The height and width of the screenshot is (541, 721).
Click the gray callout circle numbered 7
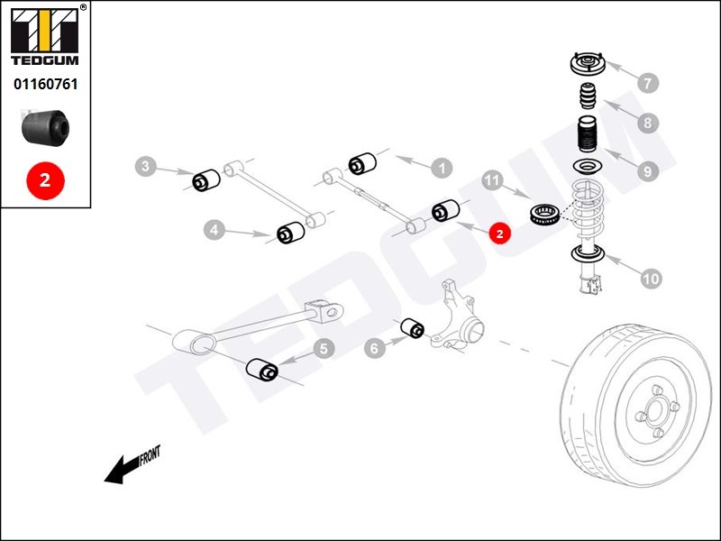pos(645,84)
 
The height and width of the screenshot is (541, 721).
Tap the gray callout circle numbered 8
pos(645,122)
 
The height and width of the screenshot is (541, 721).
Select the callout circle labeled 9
pos(645,169)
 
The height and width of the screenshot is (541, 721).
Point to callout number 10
pos(651,279)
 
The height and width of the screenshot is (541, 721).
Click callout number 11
pos(491,181)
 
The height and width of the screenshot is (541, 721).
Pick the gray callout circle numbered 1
pos(442,167)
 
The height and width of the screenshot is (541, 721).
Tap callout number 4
pos(214,231)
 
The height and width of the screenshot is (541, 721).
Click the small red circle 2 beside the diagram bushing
pos(499,232)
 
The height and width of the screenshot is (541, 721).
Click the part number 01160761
pos(45,85)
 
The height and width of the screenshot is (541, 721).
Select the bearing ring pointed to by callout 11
pos(543,215)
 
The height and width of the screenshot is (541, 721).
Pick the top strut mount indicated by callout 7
pos(587,66)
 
